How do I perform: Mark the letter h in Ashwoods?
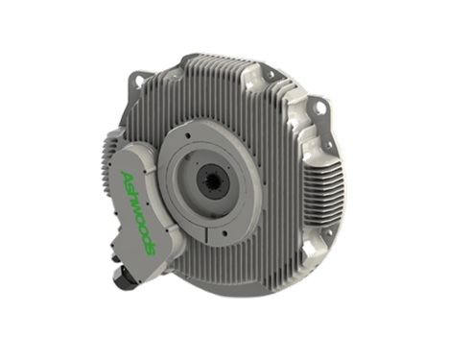tap(128, 192)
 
